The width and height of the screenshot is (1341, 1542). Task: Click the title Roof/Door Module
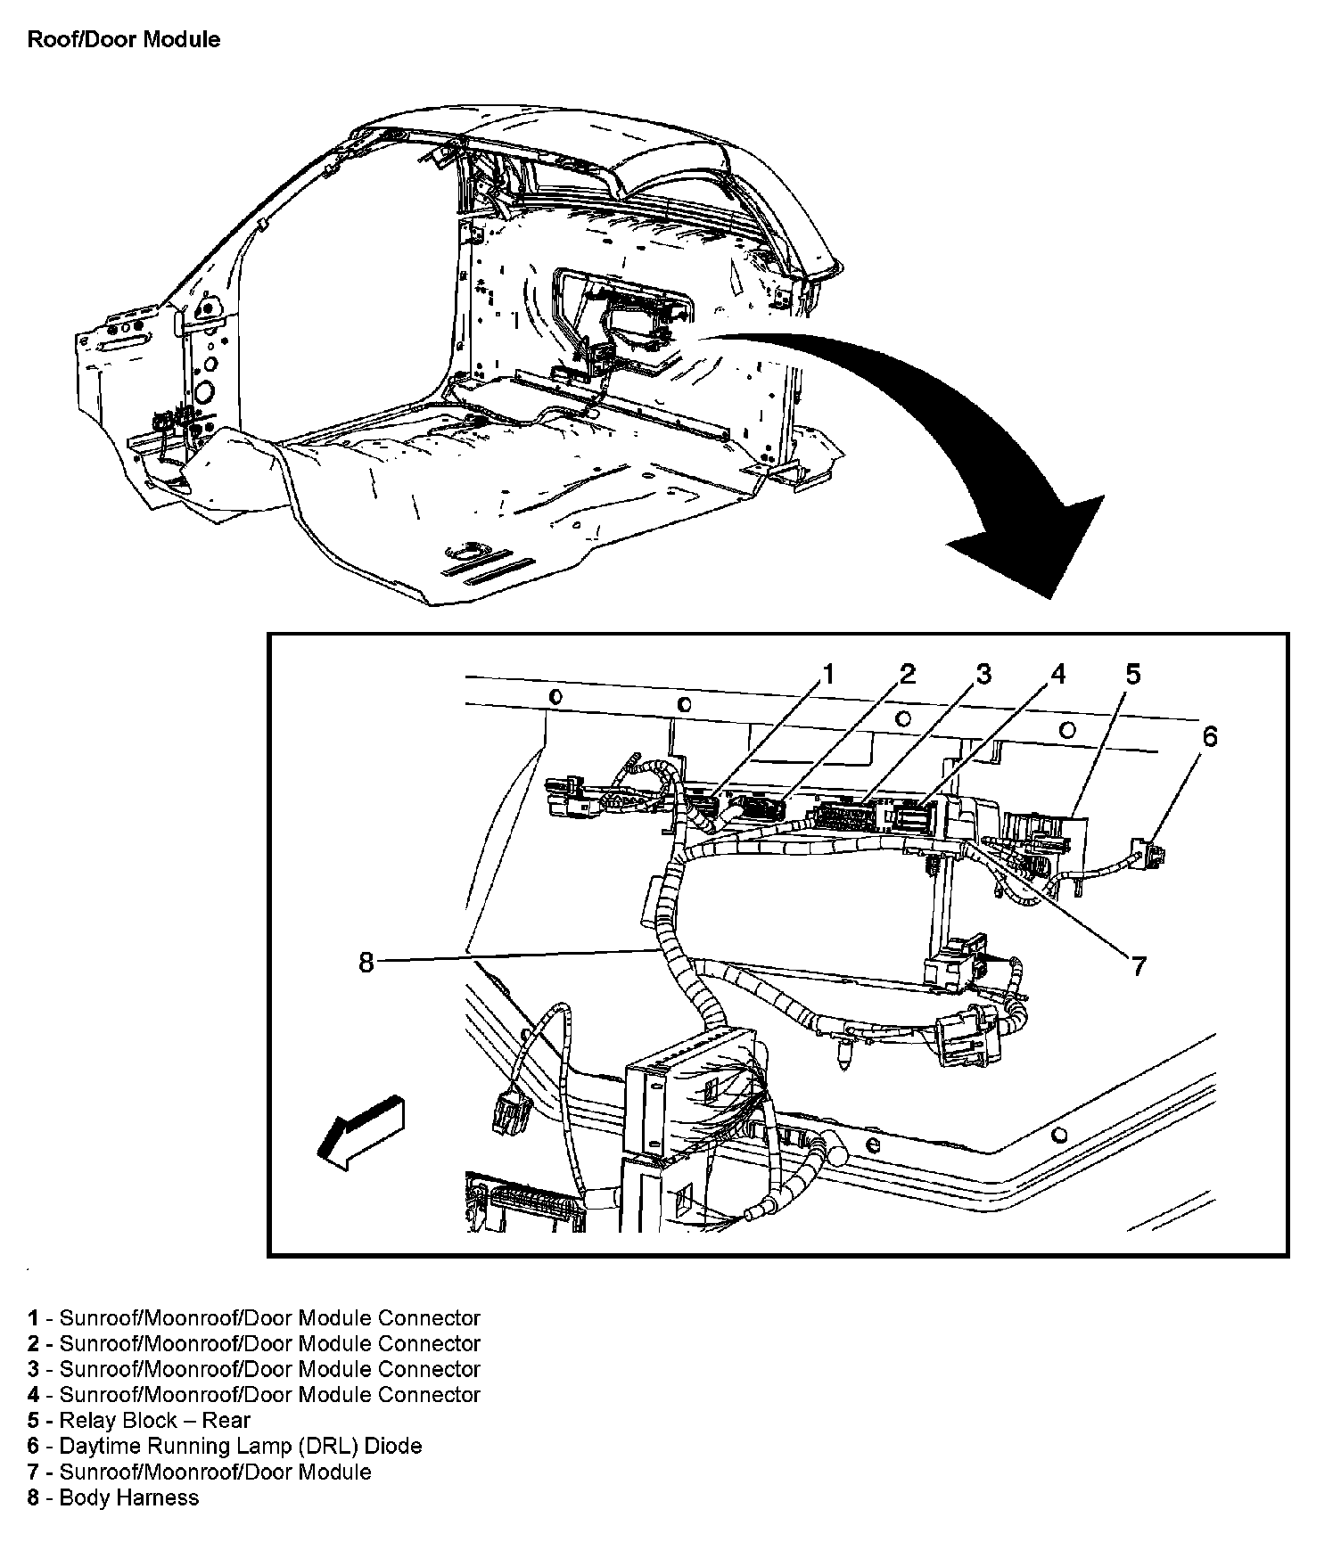[124, 40]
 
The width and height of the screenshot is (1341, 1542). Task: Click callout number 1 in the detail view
[828, 674]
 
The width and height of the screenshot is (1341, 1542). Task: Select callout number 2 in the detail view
[907, 674]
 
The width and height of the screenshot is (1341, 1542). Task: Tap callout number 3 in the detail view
[983, 674]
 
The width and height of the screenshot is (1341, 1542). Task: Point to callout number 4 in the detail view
[1057, 674]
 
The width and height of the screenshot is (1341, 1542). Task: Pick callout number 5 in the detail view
[1131, 674]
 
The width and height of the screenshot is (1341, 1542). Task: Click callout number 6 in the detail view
[1209, 736]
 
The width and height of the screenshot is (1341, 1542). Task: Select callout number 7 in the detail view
[1139, 965]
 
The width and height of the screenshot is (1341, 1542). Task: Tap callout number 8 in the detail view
[366, 963]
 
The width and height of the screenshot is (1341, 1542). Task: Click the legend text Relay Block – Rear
[154, 1421]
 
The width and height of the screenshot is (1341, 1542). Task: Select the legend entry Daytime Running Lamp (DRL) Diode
[240, 1446]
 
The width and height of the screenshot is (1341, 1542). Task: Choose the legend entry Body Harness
[128, 1497]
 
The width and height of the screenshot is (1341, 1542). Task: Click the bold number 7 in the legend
[33, 1472]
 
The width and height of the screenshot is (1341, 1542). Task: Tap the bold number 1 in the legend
[33, 1318]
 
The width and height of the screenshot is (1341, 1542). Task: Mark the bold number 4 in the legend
[33, 1395]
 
